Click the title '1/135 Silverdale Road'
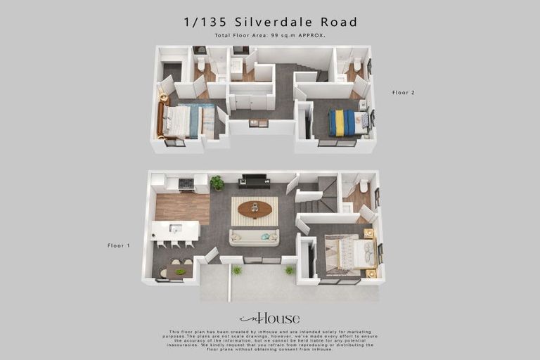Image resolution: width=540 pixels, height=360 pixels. (270, 22)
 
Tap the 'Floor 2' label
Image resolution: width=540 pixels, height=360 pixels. (404, 93)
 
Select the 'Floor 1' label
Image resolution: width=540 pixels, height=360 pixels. (119, 245)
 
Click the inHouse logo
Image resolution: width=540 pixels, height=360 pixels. (269, 319)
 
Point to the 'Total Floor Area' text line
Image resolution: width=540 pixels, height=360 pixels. (270, 35)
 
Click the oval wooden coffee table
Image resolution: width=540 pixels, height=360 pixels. (255, 209)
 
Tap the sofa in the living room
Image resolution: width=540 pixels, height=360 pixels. (254, 238)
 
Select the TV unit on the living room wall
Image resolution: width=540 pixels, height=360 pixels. (254, 182)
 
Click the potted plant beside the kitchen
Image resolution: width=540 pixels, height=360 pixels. (217, 183)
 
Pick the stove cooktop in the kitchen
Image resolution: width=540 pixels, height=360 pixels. (186, 184)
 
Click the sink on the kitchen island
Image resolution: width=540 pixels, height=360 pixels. (175, 228)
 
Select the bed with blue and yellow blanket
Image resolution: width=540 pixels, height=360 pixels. (347, 122)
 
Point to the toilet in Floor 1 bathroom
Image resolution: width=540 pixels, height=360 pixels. (364, 186)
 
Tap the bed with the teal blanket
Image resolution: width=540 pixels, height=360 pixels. (185, 121)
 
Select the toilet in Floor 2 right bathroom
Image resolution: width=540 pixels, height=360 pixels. (357, 65)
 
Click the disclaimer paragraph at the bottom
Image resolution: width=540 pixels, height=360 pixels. (270, 340)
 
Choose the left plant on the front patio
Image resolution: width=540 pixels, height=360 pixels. (237, 270)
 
